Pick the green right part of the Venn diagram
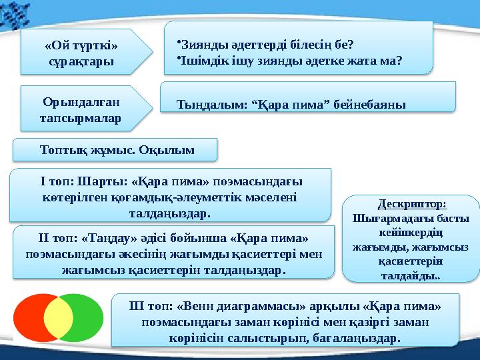click(88, 317)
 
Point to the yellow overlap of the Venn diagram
click(59, 317)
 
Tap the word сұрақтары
click(81, 61)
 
